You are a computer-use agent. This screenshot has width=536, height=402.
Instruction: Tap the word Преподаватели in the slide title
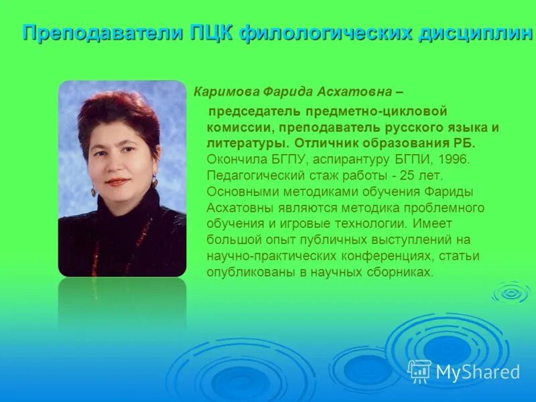coord(100,32)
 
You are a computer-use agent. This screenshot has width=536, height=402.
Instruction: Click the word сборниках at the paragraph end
coord(401,272)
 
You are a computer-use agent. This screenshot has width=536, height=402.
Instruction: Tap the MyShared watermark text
coord(478,373)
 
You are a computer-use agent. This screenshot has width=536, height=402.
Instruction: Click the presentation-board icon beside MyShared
coord(419,371)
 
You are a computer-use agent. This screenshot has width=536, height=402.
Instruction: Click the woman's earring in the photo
coord(154,181)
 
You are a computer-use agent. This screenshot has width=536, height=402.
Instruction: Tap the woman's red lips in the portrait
coord(117,182)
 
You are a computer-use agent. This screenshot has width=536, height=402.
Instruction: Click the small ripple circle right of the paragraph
coord(511,292)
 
